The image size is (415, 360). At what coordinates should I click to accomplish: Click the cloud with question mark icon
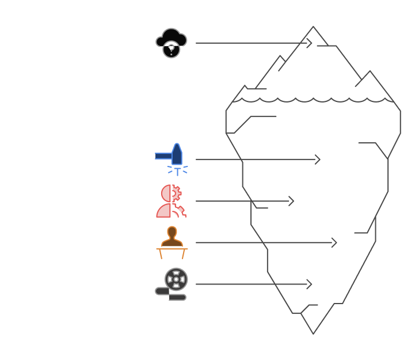coord(172,43)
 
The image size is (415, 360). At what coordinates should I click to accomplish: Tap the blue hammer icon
coord(172,159)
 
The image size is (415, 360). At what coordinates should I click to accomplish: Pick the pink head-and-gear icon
coord(172,201)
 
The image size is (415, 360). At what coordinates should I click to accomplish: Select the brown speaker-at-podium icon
coord(172,242)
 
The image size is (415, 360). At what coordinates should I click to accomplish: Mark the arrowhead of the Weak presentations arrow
coord(334,243)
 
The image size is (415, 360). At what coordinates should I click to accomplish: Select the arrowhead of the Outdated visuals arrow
coord(310,284)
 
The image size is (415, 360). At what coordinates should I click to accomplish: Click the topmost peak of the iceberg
coord(313,28)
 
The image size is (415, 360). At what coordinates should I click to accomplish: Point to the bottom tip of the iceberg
coord(314,332)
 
